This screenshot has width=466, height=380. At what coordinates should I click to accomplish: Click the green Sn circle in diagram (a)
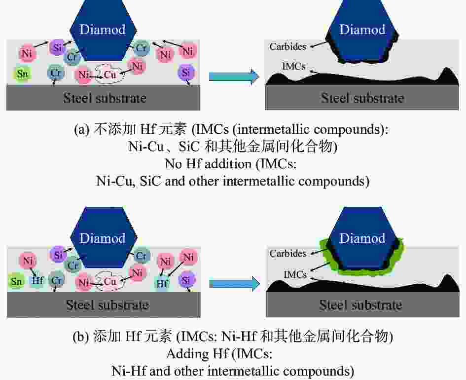pyautogui.click(x=22, y=74)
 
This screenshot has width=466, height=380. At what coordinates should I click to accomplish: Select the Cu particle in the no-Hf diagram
pyautogui.click(x=109, y=74)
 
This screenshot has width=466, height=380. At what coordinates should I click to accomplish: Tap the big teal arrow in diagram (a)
pyautogui.click(x=234, y=76)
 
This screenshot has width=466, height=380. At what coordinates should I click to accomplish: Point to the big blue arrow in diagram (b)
pyautogui.click(x=235, y=284)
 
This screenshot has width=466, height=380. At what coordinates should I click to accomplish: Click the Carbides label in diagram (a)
pyautogui.click(x=287, y=46)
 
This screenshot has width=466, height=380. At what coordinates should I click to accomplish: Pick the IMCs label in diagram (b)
pyautogui.click(x=295, y=274)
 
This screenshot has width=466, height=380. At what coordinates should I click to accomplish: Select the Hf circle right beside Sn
pyautogui.click(x=38, y=280)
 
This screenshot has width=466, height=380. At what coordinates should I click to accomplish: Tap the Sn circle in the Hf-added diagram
pyautogui.click(x=17, y=281)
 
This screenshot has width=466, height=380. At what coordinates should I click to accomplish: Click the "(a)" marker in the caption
pyautogui.click(x=81, y=130)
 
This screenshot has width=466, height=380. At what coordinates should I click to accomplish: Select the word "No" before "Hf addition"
pyautogui.click(x=173, y=164)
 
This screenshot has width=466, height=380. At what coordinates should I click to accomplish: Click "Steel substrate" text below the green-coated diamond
pyautogui.click(x=361, y=305)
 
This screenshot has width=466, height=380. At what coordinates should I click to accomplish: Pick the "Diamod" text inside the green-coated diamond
pyautogui.click(x=362, y=238)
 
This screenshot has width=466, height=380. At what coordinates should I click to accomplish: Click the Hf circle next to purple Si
pyautogui.click(x=162, y=283)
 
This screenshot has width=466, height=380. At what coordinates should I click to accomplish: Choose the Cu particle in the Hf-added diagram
pyautogui.click(x=109, y=281)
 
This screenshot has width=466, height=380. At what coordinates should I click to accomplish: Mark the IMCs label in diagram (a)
pyautogui.click(x=293, y=66)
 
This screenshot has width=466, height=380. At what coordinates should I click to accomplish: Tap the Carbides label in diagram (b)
pyautogui.click(x=287, y=253)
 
